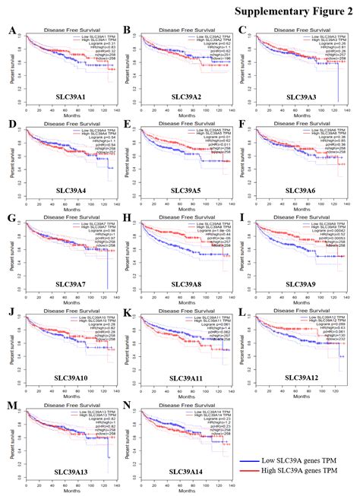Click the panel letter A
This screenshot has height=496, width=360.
coord(12,30)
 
